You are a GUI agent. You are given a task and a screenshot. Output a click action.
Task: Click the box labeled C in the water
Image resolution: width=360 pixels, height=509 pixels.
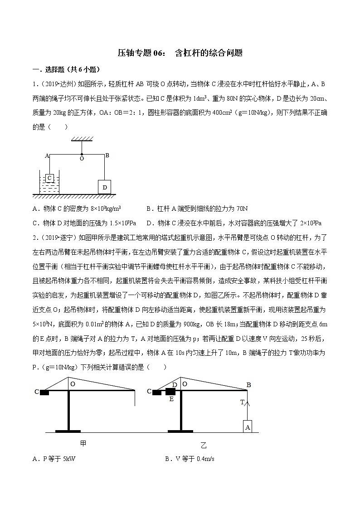click(x=50, y=177)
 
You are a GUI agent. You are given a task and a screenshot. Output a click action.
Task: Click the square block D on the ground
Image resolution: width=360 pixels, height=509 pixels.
click(x=105, y=187)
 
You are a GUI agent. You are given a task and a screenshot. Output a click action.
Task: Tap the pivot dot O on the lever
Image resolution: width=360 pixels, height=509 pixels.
click(x=82, y=154)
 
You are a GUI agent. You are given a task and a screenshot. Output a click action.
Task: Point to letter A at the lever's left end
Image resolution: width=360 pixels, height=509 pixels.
click(x=47, y=155)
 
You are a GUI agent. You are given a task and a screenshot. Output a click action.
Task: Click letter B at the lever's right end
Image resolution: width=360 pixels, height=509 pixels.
click(x=107, y=155)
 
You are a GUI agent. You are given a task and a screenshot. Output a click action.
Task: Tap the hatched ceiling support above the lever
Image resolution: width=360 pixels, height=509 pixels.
click(x=82, y=139)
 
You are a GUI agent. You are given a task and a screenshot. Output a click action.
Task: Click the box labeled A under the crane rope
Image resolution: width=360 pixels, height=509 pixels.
click(x=247, y=427)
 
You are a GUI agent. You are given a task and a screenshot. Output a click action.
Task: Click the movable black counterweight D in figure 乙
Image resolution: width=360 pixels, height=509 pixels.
click(x=171, y=392)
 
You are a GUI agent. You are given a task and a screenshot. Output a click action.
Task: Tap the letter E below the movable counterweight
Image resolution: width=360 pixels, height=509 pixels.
click(x=171, y=399)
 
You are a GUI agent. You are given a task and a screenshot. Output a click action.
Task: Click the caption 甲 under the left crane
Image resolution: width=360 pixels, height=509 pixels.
click(x=83, y=444)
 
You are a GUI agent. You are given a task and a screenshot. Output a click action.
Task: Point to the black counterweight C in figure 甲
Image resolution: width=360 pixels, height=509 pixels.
click(x=44, y=392)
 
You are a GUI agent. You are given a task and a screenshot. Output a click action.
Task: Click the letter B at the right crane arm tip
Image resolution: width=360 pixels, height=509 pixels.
click(x=248, y=385)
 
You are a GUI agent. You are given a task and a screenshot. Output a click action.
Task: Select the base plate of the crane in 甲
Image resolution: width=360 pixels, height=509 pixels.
click(x=68, y=431)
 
